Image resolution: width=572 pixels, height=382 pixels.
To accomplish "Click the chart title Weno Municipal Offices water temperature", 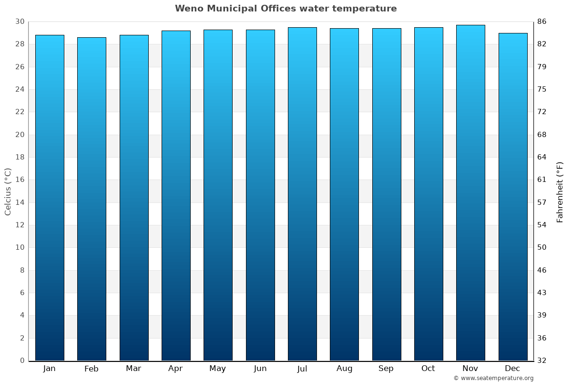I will (286, 9).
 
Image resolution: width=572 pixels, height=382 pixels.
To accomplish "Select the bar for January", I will (50, 198).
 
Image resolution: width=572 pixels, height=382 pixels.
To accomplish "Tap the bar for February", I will (92, 199).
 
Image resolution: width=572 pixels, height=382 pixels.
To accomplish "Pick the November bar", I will (470, 193).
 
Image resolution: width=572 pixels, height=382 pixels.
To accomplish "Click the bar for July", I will (302, 194).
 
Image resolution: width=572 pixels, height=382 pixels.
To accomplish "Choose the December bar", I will (513, 197).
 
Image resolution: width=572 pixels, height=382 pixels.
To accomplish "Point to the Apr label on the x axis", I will (175, 369).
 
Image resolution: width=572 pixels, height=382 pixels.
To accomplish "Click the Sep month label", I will (386, 369).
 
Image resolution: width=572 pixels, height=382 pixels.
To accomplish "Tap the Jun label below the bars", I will (260, 369).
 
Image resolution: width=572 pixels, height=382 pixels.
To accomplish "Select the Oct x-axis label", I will (428, 369).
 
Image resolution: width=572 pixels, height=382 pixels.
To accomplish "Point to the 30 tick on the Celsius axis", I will (20, 21).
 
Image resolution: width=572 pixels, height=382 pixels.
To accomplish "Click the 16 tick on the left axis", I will (20, 180).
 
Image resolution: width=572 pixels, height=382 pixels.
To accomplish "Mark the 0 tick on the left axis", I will (22, 361).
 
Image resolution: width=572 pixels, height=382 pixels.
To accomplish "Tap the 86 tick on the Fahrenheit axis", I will (542, 21).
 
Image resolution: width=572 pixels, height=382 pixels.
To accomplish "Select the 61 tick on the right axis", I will (542, 180).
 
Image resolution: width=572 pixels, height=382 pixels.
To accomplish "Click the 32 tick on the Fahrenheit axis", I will (542, 361).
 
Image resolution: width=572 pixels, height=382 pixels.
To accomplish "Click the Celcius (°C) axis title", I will (8, 191).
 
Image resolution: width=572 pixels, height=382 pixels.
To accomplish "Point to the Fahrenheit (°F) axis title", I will (560, 192).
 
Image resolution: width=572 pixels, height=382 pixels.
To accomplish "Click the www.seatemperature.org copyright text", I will (493, 378).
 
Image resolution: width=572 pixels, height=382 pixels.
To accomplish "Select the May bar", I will (218, 195).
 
